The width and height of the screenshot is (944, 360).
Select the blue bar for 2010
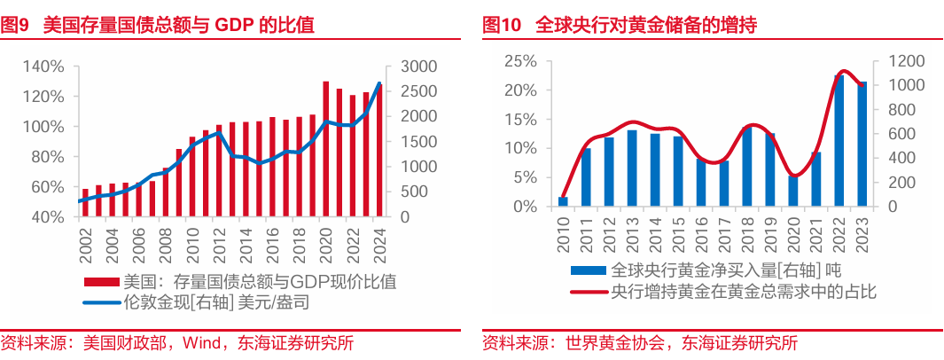pos(563,201)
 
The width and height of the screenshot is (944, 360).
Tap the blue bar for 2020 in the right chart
pos(793,191)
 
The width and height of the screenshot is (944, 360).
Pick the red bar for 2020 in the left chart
pos(326,149)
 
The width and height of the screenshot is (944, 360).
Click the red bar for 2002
pos(85,202)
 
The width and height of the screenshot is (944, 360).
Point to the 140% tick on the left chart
pos(43,67)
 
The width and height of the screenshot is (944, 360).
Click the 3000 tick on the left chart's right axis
pos(417,67)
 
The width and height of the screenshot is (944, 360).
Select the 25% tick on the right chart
pos(520,61)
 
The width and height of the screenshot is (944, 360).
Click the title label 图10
pos(502,26)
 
